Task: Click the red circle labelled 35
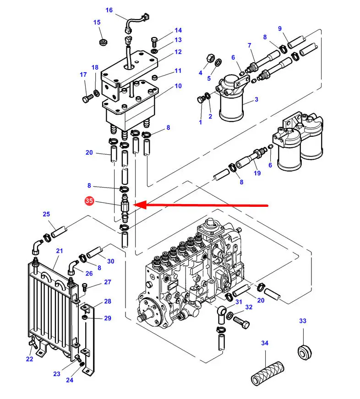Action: click(89, 201)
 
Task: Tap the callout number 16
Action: click(109, 10)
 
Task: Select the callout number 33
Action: click(303, 321)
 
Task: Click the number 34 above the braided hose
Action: click(265, 343)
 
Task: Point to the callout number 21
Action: click(60, 251)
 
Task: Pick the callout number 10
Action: click(178, 86)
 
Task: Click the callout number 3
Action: click(256, 99)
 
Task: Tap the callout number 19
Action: click(257, 173)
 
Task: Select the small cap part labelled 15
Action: click(103, 43)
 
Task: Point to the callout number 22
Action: click(30, 359)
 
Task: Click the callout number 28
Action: click(108, 301)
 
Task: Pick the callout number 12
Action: click(178, 52)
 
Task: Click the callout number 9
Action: click(280, 29)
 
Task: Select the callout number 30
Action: click(110, 261)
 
